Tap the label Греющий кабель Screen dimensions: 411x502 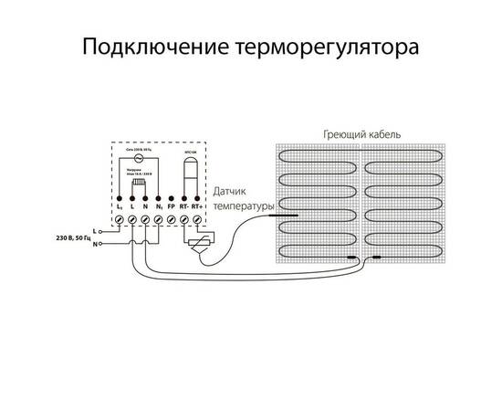tap(362, 133)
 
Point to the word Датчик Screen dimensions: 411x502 tap(233, 194)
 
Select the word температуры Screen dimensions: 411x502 tap(243, 207)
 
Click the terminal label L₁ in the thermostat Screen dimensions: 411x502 tap(120, 210)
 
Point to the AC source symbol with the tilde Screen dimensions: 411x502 tap(140, 158)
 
